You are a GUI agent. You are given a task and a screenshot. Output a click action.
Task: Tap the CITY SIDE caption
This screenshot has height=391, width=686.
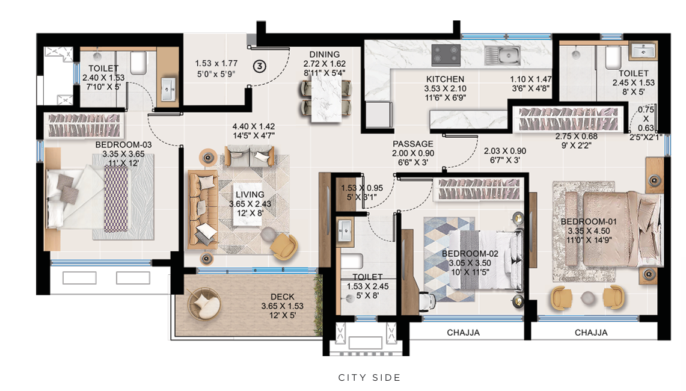369,378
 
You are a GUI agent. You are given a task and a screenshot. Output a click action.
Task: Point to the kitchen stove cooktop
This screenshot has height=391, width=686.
446,55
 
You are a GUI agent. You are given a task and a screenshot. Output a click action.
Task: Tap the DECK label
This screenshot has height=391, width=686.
282,297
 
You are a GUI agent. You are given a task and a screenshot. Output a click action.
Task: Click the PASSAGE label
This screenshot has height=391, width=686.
412,144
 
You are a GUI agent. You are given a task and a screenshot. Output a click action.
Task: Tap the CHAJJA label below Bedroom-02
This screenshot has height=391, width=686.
463,333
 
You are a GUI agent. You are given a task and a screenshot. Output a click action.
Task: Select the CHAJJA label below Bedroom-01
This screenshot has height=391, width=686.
590,333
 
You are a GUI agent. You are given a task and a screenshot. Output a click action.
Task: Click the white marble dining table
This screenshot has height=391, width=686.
325,98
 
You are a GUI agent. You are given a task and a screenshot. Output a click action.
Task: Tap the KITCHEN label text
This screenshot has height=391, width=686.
445,79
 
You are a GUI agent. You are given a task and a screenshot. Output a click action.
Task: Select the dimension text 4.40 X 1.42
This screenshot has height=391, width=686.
254,127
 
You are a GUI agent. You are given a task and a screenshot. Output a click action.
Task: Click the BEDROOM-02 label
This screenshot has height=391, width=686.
467,254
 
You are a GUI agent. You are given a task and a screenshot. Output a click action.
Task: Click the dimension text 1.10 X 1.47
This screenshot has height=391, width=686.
530,79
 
